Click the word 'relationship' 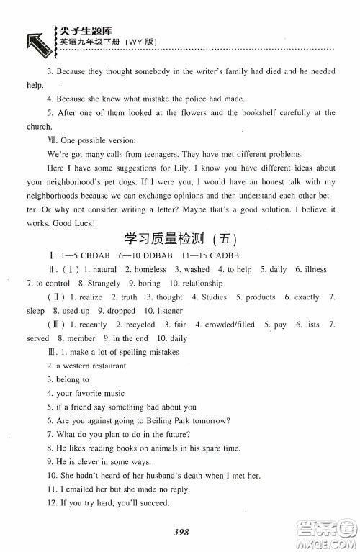(x=202, y=283)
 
